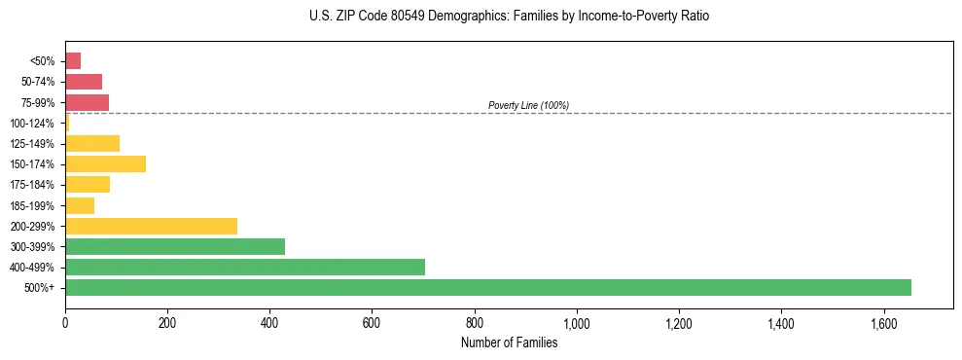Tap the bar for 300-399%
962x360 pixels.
(175, 246)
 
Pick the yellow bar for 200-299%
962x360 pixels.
(151, 226)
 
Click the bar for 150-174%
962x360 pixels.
(105, 163)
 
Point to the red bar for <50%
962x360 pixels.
(73, 60)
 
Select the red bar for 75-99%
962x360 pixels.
(87, 102)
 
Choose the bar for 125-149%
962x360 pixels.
(92, 143)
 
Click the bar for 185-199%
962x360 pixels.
(80, 205)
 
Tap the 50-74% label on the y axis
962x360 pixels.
(38, 82)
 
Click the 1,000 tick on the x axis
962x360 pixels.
(577, 323)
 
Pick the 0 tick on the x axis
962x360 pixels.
(65, 323)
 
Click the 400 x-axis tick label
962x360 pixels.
(269, 323)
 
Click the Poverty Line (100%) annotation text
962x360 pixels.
(528, 105)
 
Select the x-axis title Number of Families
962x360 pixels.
(509, 342)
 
